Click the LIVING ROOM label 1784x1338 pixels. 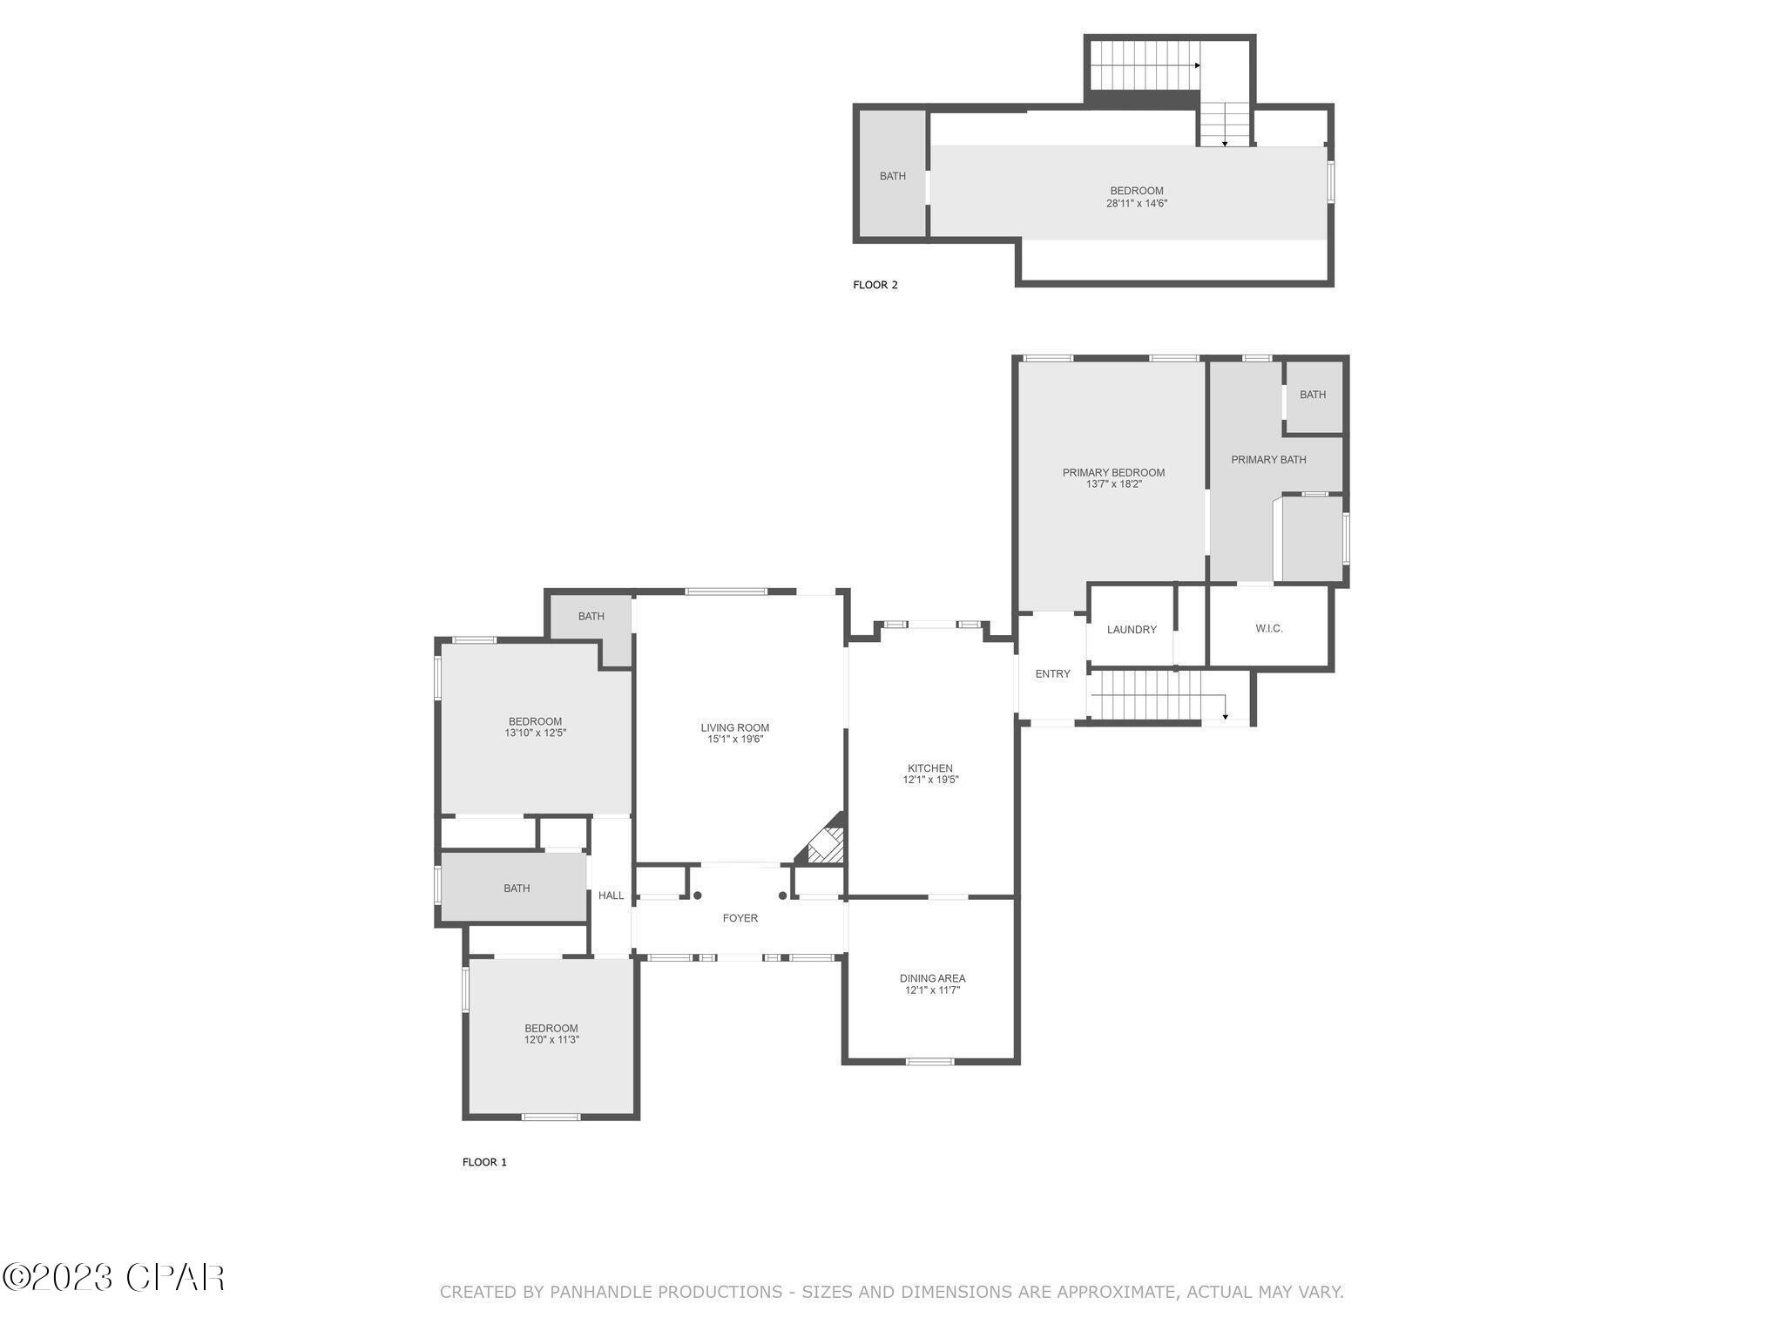[x=734, y=727]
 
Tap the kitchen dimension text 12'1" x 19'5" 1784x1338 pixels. [x=930, y=780]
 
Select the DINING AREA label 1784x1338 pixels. [x=932, y=978]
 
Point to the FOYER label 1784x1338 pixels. [x=740, y=918]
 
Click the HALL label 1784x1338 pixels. [x=611, y=895]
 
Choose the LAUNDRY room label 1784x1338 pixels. [x=1132, y=630]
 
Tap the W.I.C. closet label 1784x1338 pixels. [x=1268, y=628]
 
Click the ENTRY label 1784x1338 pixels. [x=1052, y=673]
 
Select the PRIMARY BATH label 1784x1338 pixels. [x=1268, y=459]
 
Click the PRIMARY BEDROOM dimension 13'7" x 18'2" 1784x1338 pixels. [x=1113, y=484]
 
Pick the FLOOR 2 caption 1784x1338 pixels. [x=875, y=285]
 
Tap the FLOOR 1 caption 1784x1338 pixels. [x=483, y=1162]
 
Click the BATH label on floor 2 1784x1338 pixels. [x=892, y=176]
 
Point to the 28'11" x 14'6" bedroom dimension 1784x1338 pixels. [x=1136, y=204]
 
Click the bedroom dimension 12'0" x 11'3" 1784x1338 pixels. [x=551, y=1040]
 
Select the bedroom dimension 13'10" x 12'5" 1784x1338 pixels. [x=535, y=733]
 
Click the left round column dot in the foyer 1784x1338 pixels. [x=697, y=895]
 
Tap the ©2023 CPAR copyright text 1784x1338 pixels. [x=113, y=1278]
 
